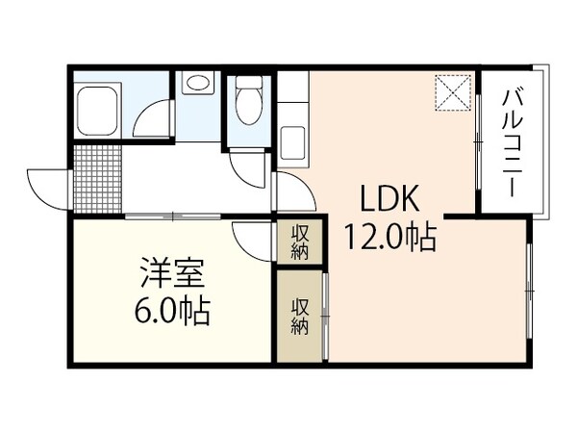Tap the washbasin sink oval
(x=199, y=84)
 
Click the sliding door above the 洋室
(x=173, y=215)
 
